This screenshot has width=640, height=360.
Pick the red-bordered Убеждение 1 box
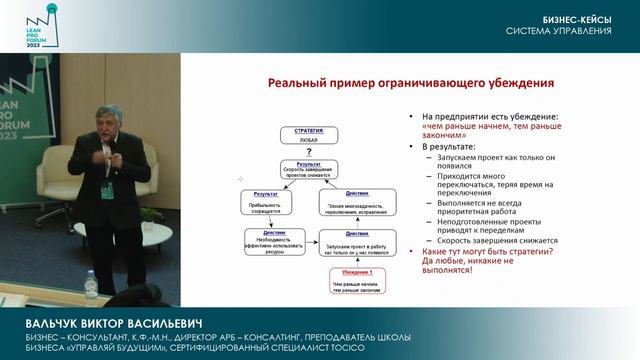(x=352, y=278)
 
